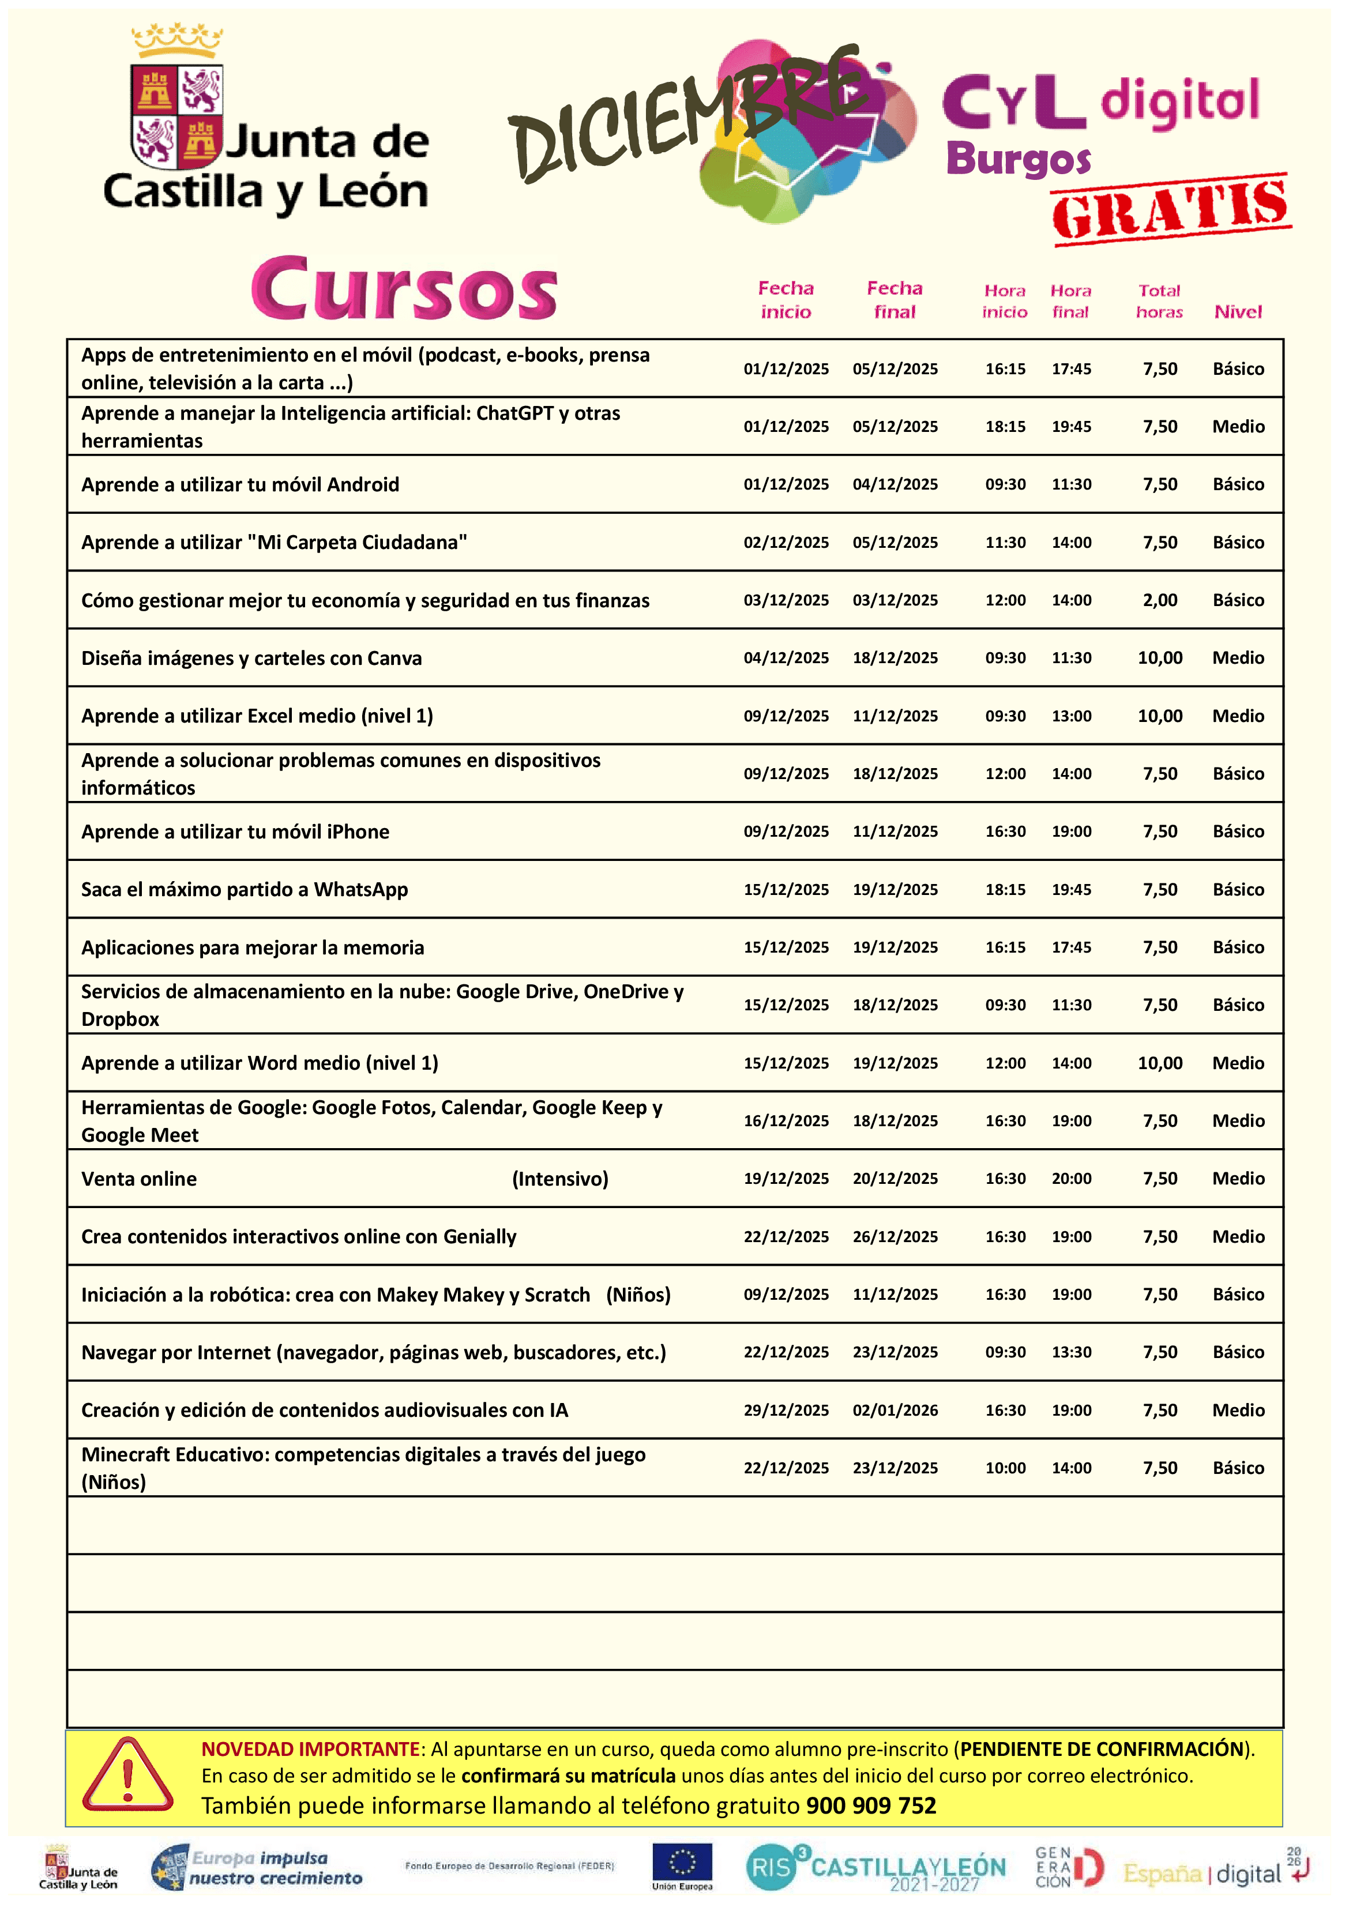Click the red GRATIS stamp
(1171, 209)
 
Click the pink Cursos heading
(404, 288)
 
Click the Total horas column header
(1159, 300)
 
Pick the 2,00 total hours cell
(1160, 600)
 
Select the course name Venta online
(139, 1179)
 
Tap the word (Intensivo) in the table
(560, 1179)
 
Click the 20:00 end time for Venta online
(1072, 1179)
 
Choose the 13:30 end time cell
(1072, 1352)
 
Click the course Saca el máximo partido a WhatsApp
(244, 890)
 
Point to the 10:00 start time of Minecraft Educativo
(1005, 1468)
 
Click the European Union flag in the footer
(682, 1863)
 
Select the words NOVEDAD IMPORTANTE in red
(311, 1749)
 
